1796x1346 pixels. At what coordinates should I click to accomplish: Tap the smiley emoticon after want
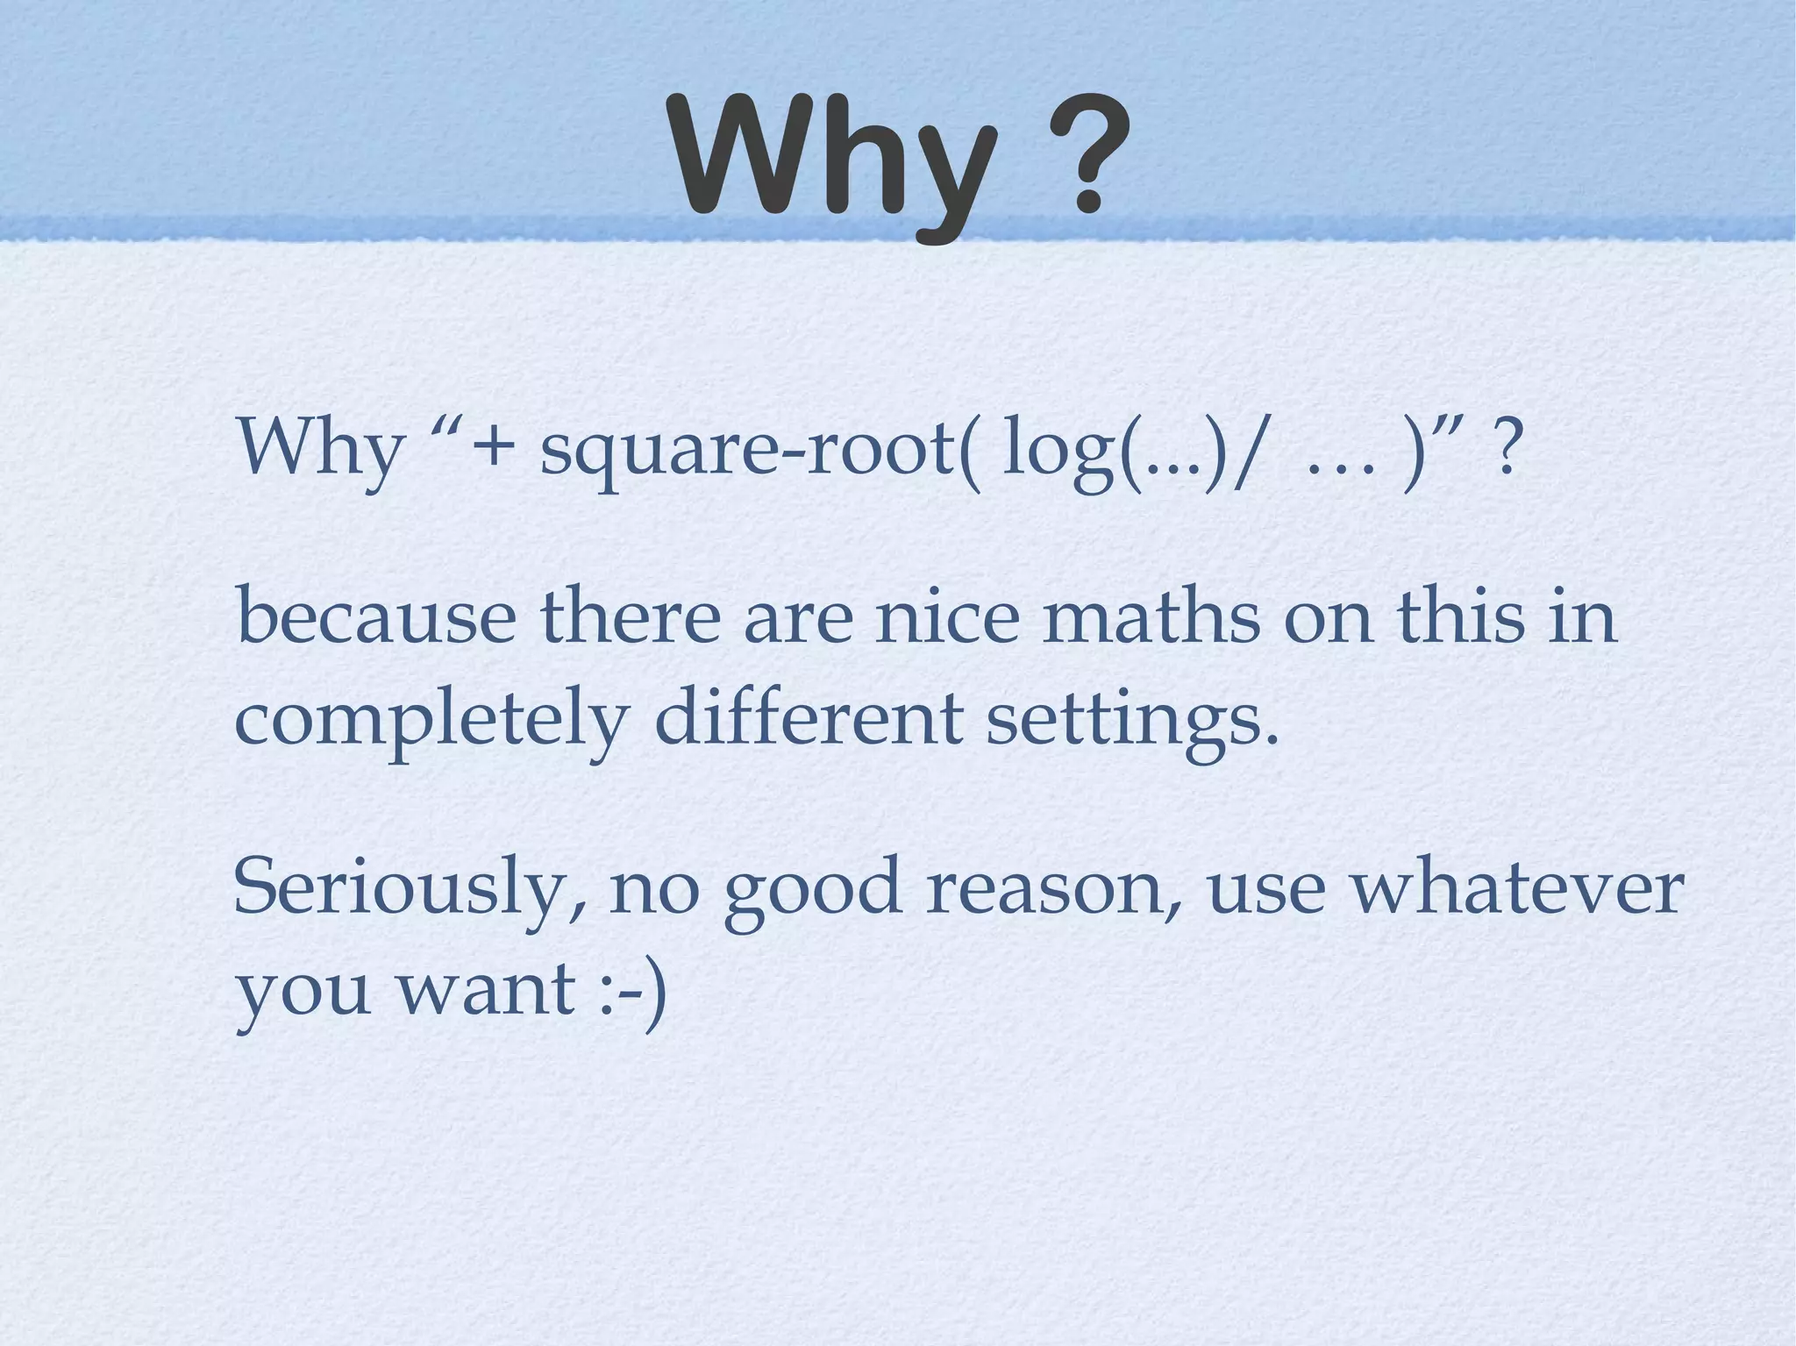(633, 991)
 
